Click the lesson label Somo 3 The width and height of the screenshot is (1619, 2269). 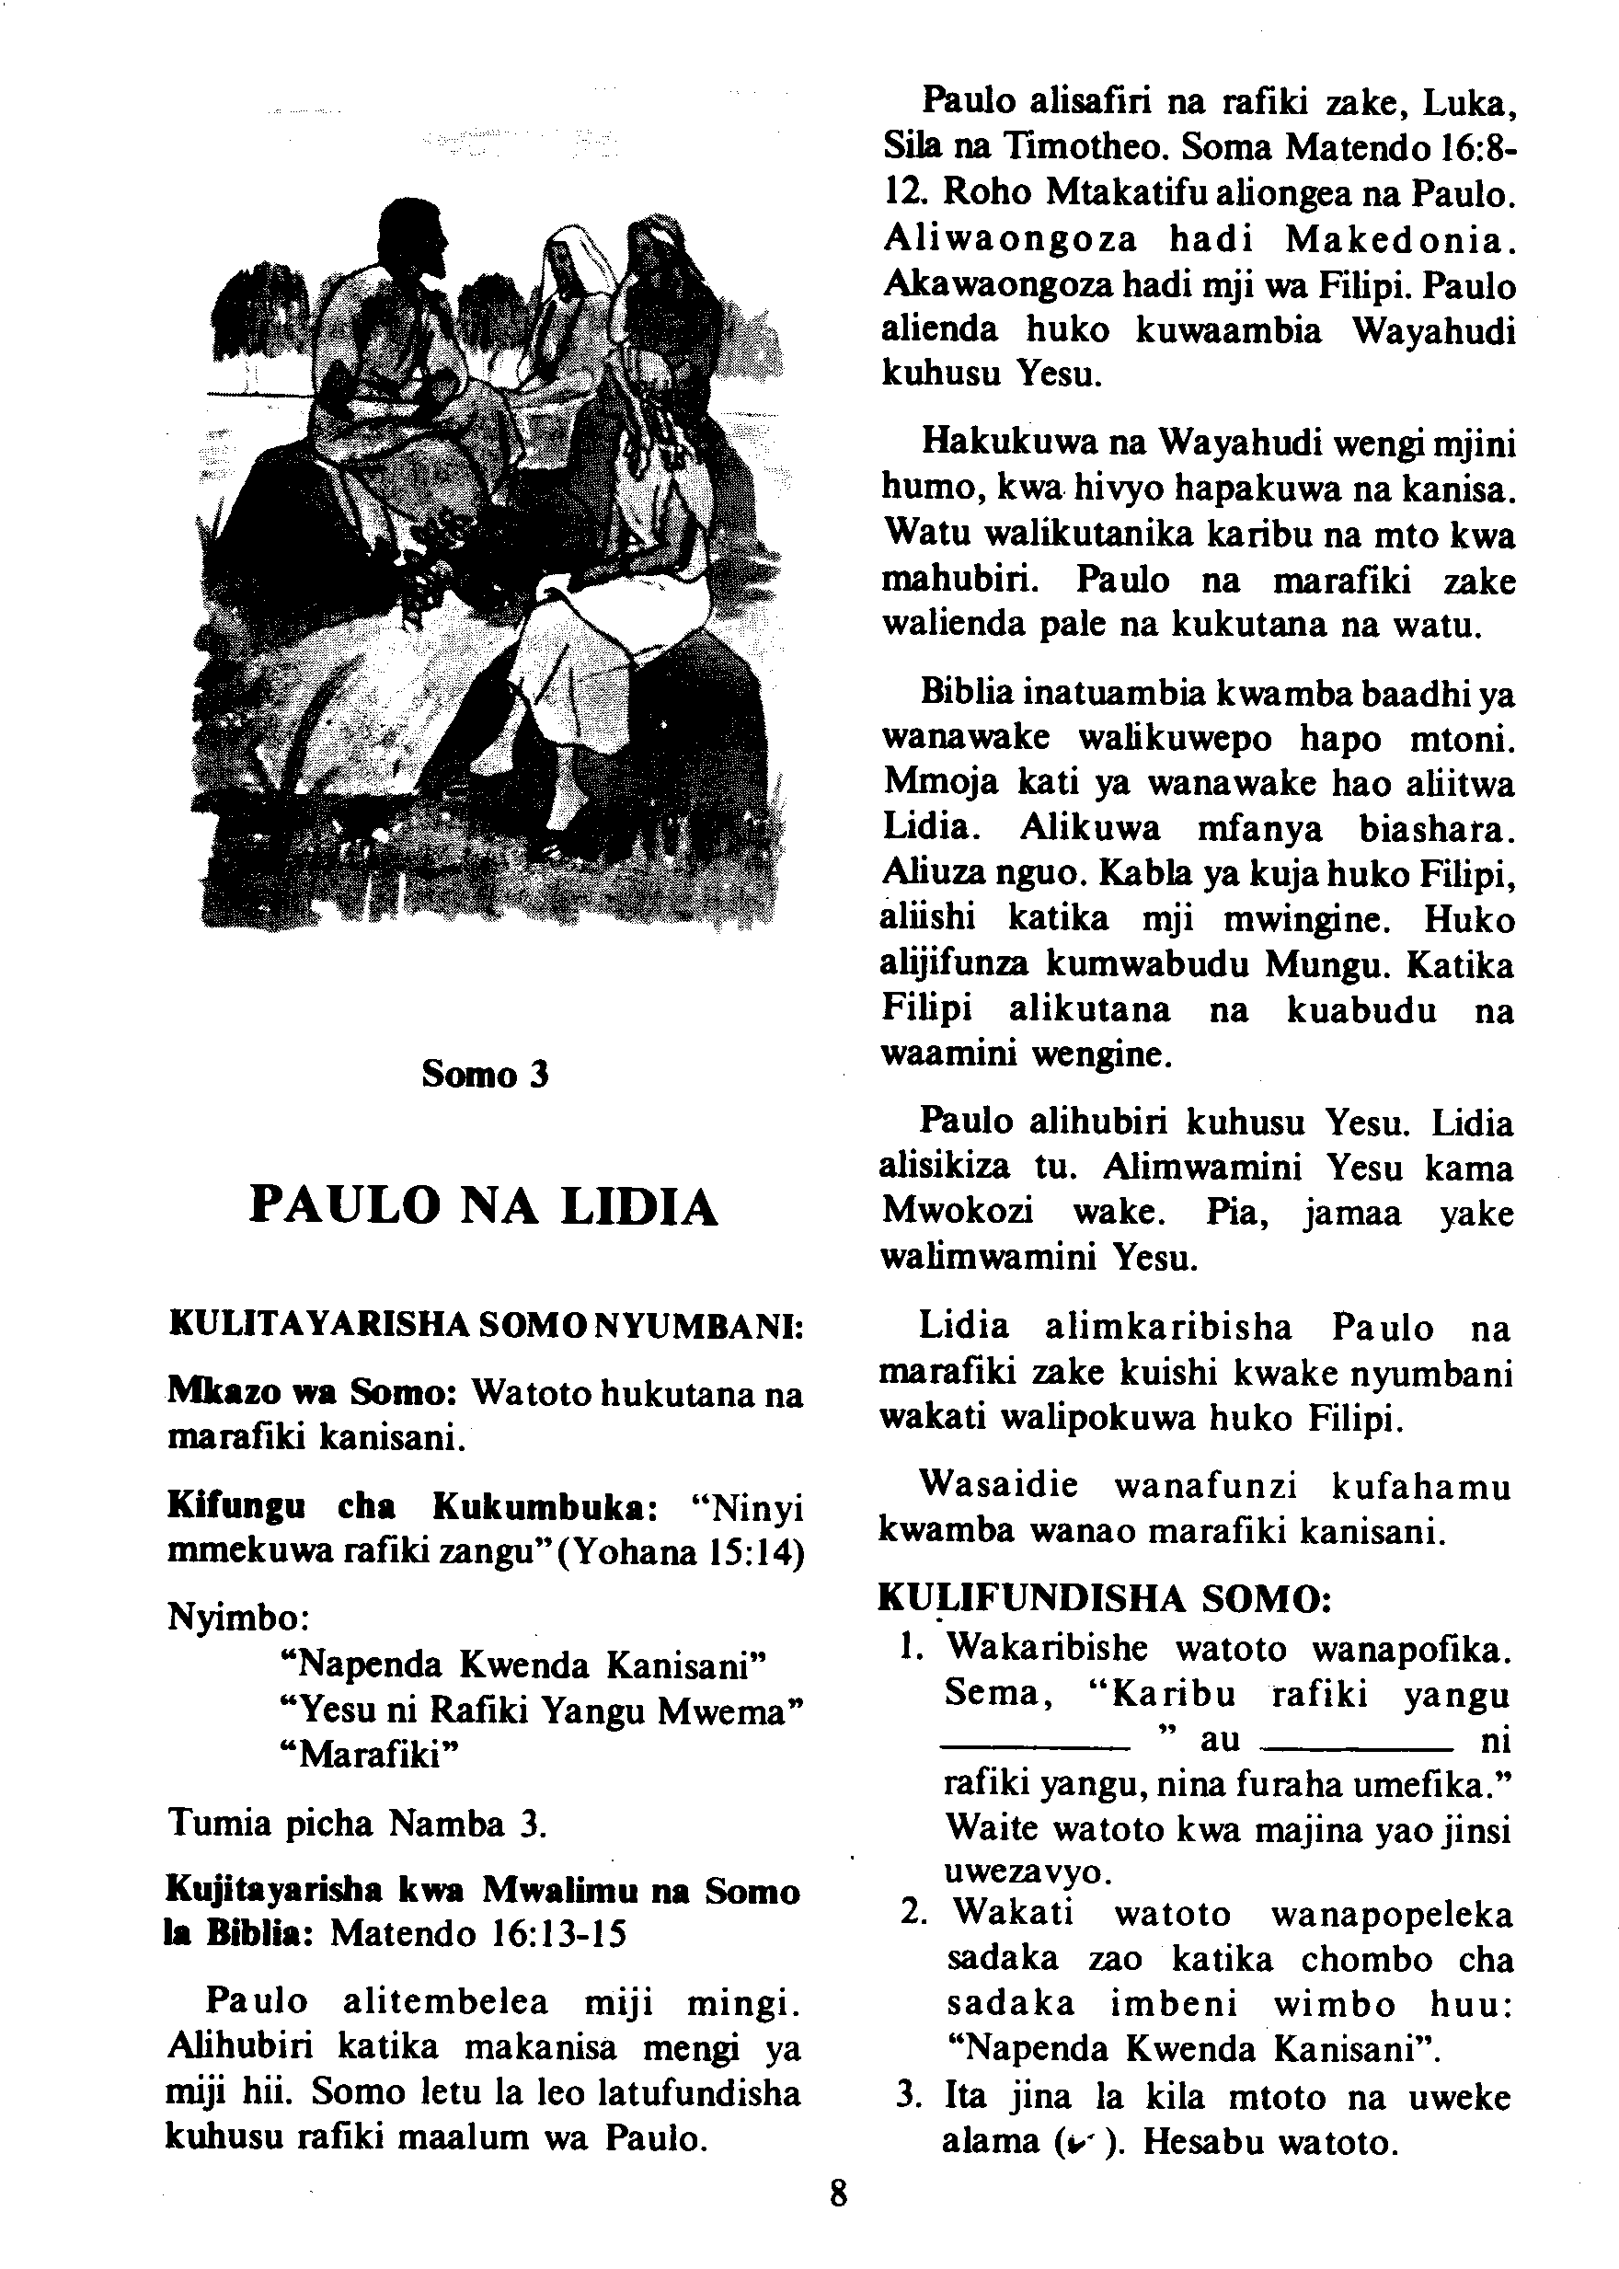485,1074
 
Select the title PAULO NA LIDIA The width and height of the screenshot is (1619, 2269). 485,1205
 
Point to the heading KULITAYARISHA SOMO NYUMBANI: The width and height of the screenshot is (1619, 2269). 487,1326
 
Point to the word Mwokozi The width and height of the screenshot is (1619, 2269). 957,1213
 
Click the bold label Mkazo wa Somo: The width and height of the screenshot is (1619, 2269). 311,1392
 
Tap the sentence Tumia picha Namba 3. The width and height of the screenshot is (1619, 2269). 357,1824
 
